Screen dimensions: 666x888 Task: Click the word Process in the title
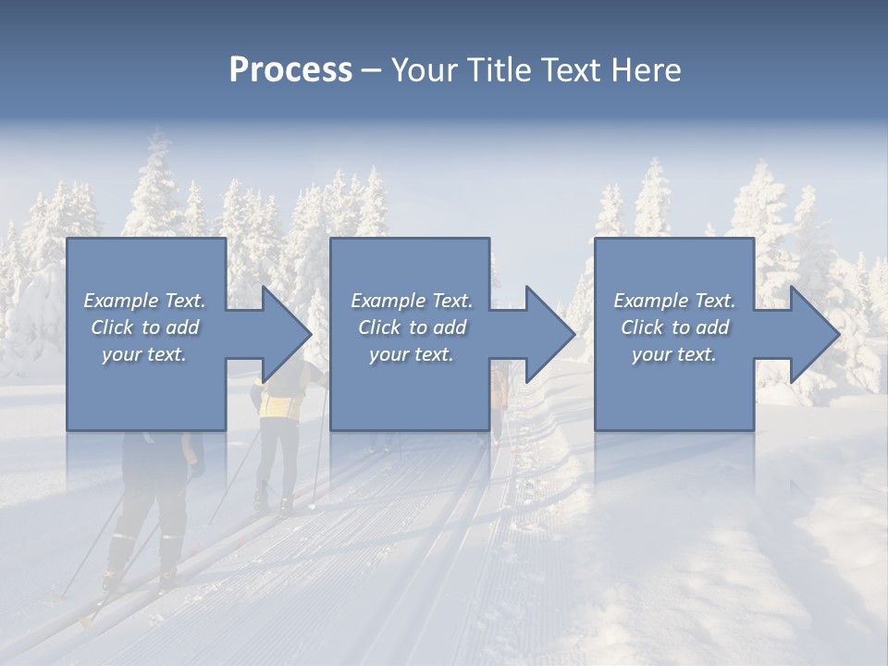pos(290,70)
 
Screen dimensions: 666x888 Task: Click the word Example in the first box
pos(120,301)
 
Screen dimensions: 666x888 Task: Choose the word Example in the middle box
pos(388,301)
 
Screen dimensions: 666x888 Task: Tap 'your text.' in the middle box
pos(411,354)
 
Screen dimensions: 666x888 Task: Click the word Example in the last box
pos(650,301)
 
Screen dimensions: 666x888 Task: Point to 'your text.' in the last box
pos(673,354)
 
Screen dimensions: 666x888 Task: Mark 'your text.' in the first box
pos(143,354)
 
